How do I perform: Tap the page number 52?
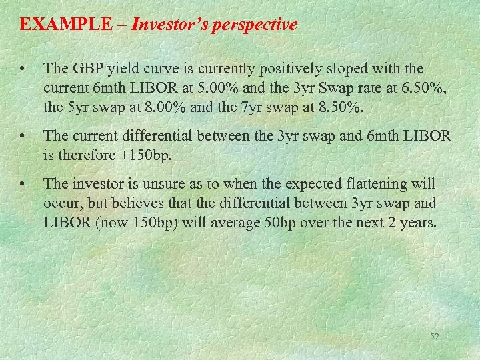[434, 337]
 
